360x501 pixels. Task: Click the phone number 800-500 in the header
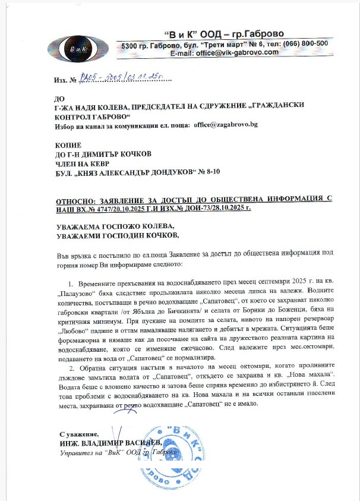[312, 43]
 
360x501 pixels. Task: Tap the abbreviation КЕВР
[94, 162]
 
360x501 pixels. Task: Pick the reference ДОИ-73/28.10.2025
[207, 209]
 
